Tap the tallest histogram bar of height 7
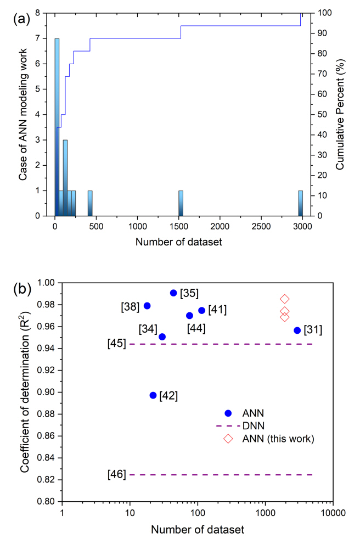tap(57, 127)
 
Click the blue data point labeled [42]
tap(153, 395)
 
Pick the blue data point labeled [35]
tap(173, 293)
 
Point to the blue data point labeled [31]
tap(297, 330)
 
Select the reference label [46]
tap(117, 474)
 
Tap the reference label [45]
tap(117, 344)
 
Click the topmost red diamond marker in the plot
tap(285, 299)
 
